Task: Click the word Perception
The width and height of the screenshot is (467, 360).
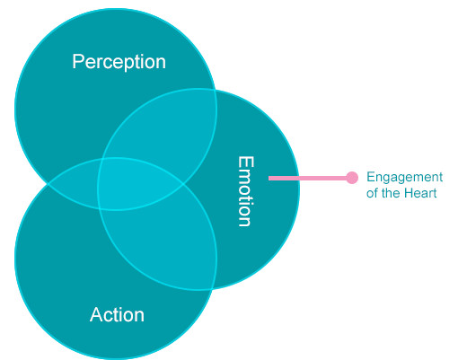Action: [119, 62]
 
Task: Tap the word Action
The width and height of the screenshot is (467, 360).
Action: [117, 314]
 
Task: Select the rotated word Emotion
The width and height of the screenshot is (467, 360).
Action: [246, 191]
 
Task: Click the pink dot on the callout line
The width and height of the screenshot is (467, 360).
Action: [352, 178]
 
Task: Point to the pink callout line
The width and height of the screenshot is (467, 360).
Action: [311, 178]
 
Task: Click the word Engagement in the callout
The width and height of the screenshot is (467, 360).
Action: [404, 177]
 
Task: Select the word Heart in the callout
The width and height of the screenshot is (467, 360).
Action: [420, 193]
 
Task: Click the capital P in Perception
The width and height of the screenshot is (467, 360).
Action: [78, 61]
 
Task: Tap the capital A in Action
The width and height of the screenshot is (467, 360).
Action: [96, 314]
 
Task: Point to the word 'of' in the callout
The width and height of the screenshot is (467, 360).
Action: [372, 193]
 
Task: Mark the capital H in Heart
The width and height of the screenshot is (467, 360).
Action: [409, 193]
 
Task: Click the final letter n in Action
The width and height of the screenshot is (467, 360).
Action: [140, 317]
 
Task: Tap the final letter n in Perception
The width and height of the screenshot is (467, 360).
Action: [161, 63]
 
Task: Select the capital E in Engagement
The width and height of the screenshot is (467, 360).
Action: [371, 177]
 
